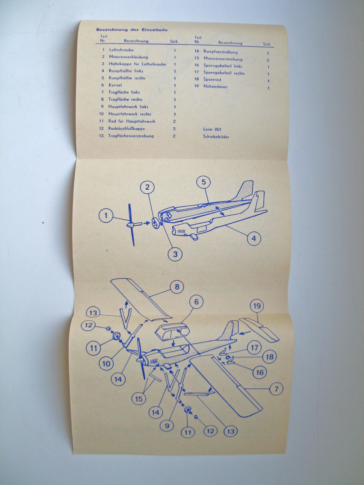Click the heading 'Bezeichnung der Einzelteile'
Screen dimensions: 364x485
point(132,30)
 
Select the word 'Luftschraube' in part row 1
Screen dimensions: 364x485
point(121,50)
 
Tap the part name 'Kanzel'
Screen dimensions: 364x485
point(115,85)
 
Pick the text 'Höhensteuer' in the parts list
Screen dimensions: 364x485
point(216,87)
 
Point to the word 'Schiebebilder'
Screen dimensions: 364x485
point(216,137)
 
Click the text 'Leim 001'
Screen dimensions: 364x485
point(212,129)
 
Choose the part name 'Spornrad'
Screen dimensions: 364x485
point(212,79)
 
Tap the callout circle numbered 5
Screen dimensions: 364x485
point(204,182)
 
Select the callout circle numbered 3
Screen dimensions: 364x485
point(175,254)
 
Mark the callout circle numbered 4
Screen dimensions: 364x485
point(254,239)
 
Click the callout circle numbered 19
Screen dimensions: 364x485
point(257,306)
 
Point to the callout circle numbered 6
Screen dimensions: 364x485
point(196,302)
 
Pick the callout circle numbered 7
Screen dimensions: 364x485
point(276,389)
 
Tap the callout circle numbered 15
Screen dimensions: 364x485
point(139,399)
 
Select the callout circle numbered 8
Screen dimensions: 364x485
point(177,287)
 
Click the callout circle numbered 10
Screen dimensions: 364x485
point(106,364)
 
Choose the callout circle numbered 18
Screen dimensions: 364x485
point(269,356)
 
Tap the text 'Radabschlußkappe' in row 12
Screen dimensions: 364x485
point(127,129)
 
